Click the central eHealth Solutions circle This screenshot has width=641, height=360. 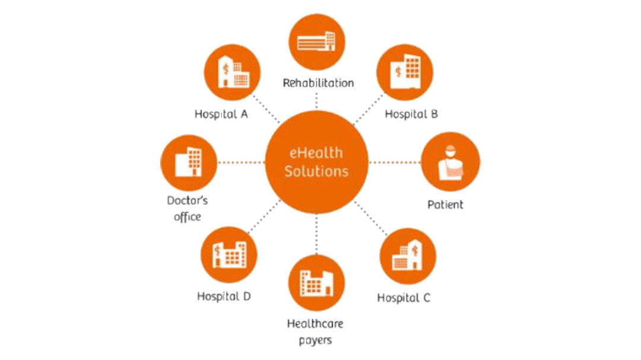316,162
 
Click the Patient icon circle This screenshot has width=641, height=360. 450,162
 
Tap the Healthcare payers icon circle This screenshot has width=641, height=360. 316,283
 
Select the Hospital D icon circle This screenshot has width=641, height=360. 229,255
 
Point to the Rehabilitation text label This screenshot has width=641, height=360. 319,83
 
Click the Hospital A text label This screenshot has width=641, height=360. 221,114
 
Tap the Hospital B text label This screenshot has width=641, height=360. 411,114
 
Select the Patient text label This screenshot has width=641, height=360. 445,205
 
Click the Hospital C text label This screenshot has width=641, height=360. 404,298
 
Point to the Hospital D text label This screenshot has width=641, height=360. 224,296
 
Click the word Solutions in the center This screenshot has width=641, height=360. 316,172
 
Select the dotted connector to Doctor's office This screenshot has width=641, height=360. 241,162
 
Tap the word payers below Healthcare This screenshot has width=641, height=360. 315,340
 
